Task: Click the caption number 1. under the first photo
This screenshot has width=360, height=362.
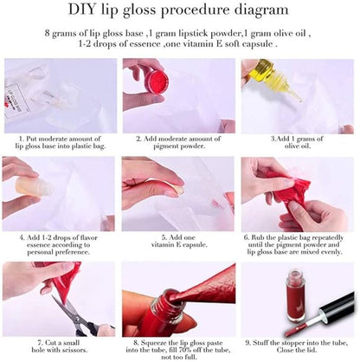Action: [x=20, y=137]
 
